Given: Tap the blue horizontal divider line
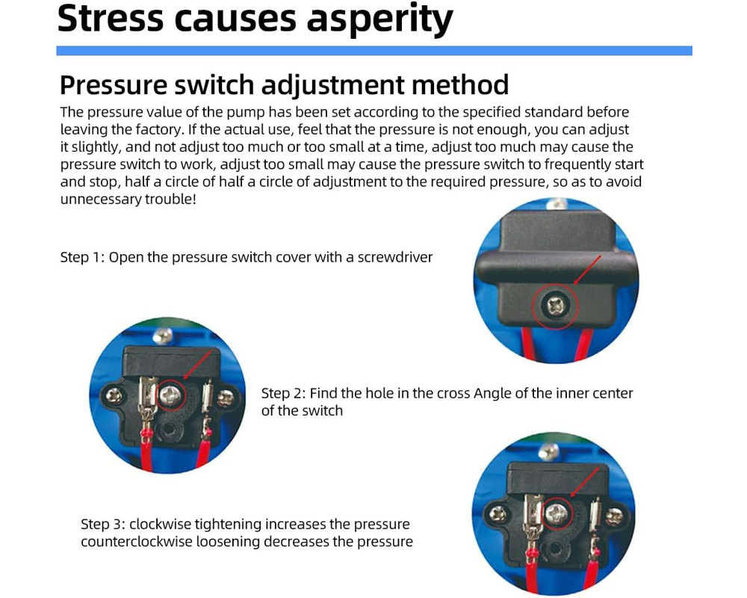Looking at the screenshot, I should [x=373, y=51].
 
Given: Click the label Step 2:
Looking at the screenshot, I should [x=283, y=393].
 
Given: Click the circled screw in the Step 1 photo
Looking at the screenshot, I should [x=555, y=303].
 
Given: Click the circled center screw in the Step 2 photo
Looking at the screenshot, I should [x=171, y=394].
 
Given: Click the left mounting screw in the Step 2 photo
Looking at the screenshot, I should [x=115, y=395].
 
